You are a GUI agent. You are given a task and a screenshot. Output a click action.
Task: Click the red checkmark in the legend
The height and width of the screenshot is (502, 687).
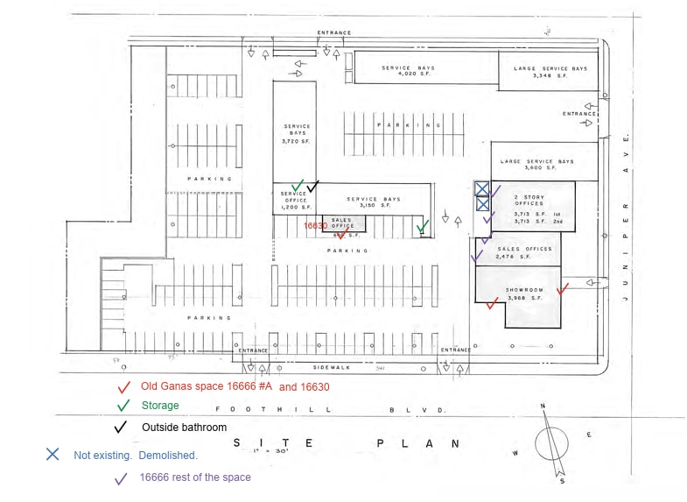[x=123, y=386]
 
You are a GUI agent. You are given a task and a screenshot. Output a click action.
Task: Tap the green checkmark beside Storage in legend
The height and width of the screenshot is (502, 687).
[x=123, y=406]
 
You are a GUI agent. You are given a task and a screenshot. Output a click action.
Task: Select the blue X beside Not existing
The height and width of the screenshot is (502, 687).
[x=53, y=455]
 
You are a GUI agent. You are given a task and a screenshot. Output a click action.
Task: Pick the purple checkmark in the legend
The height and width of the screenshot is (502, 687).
[x=122, y=478]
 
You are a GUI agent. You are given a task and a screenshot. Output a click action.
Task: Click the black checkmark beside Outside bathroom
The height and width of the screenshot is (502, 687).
[x=123, y=428]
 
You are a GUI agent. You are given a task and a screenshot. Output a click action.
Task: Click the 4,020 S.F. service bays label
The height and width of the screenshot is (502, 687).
[x=407, y=71]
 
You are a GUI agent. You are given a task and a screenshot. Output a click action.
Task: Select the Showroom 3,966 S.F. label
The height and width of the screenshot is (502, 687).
[x=525, y=294]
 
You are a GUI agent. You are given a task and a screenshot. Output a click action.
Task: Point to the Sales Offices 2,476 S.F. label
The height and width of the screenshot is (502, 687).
[x=524, y=252]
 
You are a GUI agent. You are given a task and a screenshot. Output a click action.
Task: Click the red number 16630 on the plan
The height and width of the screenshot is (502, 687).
[x=315, y=225]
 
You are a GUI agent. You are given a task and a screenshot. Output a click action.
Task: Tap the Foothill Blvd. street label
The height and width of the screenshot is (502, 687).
[x=332, y=409]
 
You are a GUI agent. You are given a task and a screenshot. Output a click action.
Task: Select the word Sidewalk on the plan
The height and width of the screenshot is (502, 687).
[x=332, y=368]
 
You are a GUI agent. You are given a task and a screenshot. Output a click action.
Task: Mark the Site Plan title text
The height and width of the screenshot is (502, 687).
[x=345, y=443]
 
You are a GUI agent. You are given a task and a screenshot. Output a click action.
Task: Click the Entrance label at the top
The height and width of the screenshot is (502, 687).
[x=334, y=33]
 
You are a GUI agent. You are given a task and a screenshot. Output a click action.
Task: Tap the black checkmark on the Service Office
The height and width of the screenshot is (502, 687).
[x=312, y=186]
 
